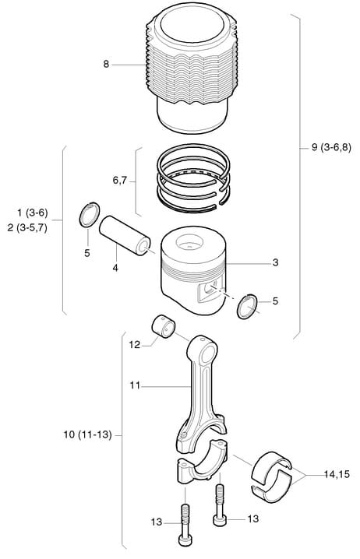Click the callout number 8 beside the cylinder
point(106,65)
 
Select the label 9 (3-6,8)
point(331,147)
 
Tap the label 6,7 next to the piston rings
point(119,181)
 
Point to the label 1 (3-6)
point(33,213)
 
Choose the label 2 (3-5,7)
point(27,228)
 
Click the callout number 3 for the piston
point(275,262)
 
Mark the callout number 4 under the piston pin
point(115,268)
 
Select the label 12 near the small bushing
point(135,345)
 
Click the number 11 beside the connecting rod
point(135,385)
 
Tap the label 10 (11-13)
point(88,435)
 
